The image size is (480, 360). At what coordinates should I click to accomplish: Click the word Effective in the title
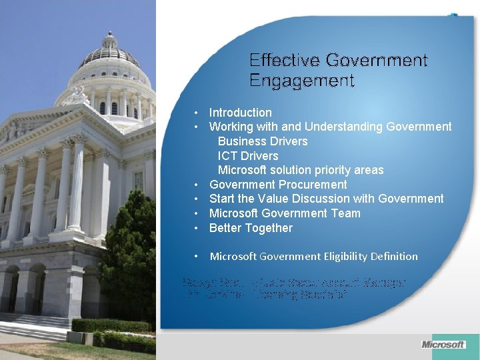[x=285, y=61]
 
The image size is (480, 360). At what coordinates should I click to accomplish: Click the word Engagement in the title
[x=301, y=81]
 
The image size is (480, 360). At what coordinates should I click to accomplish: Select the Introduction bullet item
[x=240, y=113]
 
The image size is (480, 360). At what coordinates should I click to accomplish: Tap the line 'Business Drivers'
[x=263, y=141]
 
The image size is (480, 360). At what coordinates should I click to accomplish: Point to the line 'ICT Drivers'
[x=248, y=156]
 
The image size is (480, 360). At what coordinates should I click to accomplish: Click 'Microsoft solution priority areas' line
[x=301, y=170]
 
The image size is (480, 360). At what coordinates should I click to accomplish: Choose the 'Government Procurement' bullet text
[x=278, y=185]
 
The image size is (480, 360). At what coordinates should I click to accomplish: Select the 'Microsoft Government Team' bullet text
[x=285, y=213]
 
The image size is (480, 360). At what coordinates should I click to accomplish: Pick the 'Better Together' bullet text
[x=251, y=228]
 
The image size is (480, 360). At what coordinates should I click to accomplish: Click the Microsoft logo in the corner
[x=443, y=345]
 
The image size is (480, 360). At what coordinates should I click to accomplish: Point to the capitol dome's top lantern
[x=109, y=40]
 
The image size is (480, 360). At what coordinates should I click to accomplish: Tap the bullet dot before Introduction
[x=197, y=113]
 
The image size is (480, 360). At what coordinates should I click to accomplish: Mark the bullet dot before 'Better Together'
[x=197, y=228]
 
